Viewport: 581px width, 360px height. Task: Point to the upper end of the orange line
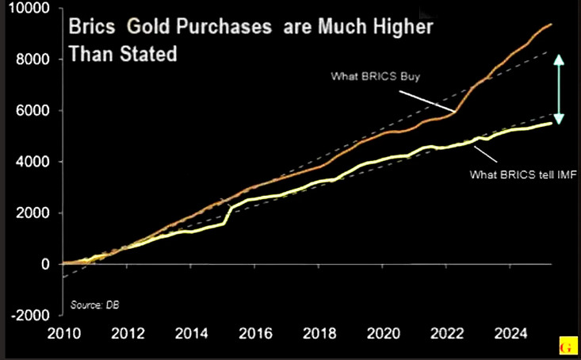pos(552,25)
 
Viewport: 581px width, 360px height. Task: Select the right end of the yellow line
pos(552,123)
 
